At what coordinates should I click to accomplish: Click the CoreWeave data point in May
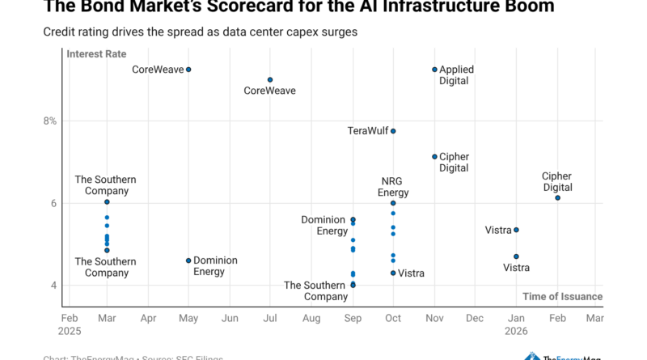click(188, 70)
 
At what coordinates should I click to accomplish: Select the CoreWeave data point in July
click(270, 79)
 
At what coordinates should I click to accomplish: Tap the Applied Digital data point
click(434, 70)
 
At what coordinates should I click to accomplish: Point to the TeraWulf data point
click(393, 131)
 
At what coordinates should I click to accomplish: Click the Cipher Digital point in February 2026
click(557, 197)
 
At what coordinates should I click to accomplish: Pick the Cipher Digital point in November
click(434, 157)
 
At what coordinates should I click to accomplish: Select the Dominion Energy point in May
click(188, 260)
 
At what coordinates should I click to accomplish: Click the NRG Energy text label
click(393, 187)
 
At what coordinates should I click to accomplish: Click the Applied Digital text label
click(456, 75)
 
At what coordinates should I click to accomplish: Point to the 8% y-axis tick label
click(50, 121)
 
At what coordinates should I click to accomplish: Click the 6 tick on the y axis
click(53, 203)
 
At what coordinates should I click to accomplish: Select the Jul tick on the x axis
click(270, 319)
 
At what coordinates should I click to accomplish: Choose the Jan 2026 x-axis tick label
click(516, 324)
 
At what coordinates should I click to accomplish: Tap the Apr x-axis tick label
click(147, 319)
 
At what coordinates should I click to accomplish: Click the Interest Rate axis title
click(97, 55)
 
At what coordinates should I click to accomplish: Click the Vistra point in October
click(393, 273)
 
